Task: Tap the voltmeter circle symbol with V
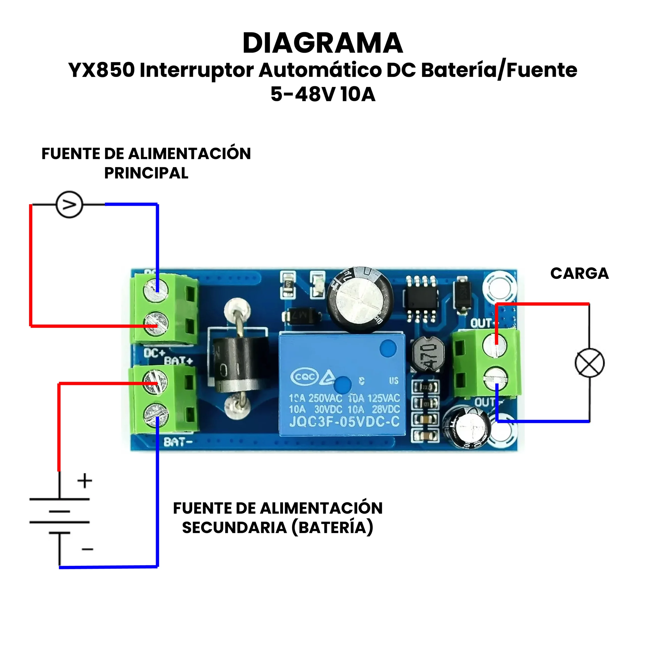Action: [x=69, y=205]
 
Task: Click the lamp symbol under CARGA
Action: [x=589, y=363]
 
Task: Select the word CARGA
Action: [x=579, y=273]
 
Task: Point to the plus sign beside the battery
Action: [x=85, y=480]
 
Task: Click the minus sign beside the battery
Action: [x=87, y=549]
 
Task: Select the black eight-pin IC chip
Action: [x=421, y=299]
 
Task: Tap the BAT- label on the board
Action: [x=178, y=442]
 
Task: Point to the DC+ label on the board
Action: [x=154, y=353]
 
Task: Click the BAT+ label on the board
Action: [x=178, y=361]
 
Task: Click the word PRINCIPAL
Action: [x=146, y=173]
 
